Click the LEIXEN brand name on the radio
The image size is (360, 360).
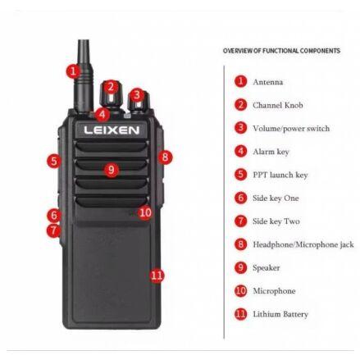pos(112,130)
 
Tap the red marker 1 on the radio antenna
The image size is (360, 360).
pos(73,71)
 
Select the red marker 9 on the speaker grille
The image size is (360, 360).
pos(112,170)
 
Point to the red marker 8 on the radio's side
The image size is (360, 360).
pos(165,157)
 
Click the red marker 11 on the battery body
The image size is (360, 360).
pos(157,276)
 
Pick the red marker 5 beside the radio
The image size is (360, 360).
pos(54,161)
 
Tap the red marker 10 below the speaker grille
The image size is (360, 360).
pos(145,212)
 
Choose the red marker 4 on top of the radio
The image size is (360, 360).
pos(103,114)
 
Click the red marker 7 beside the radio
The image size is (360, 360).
pos(53,230)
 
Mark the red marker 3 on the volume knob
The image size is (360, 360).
pos(137,94)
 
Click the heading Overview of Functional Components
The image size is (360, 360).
pos(281,51)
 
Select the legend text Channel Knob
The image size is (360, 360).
pos(278,105)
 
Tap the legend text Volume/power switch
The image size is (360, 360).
pos(291,129)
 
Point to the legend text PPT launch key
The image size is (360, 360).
pos(280,175)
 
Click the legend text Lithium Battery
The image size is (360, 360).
pos(280,314)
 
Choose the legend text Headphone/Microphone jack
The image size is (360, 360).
pos(303,244)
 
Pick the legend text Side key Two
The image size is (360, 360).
pos(276,221)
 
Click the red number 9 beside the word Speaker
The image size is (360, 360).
pos(240,267)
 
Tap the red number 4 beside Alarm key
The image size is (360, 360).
pos(240,151)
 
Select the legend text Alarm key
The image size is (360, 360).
pos(271,152)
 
